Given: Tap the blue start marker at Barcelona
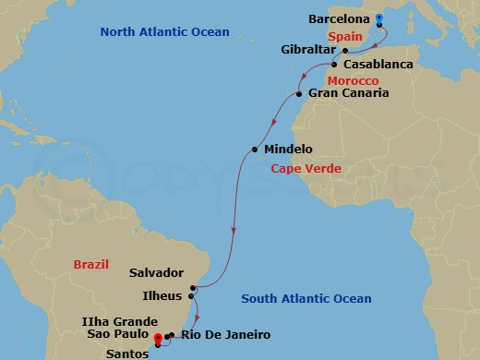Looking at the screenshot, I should pyautogui.click(x=379, y=18).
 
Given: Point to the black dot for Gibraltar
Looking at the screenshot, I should pyautogui.click(x=344, y=51).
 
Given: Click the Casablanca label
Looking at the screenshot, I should pyautogui.click(x=378, y=66).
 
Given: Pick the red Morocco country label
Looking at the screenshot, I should pyautogui.click(x=354, y=81).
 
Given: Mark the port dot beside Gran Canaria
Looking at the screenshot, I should pyautogui.click(x=300, y=93).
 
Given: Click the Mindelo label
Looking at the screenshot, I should pyautogui.click(x=288, y=150).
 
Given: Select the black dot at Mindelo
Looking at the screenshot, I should pyautogui.click(x=255, y=150).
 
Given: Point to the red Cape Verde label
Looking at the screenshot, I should pyautogui.click(x=306, y=169).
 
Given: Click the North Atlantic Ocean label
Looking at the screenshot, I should pyautogui.click(x=164, y=32).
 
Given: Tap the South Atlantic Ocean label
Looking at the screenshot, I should pyautogui.click(x=306, y=298).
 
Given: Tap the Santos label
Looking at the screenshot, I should pyautogui.click(x=126, y=350).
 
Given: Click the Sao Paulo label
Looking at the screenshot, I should pyautogui.click(x=118, y=333).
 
